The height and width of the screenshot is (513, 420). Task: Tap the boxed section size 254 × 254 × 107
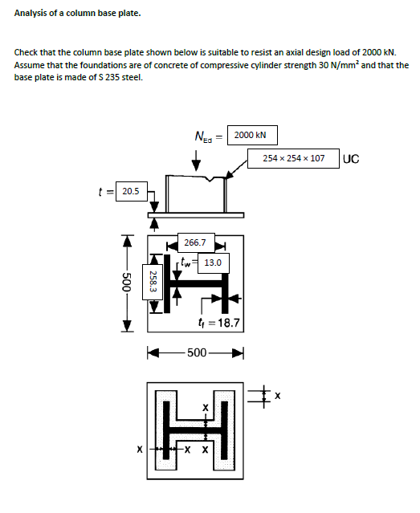coord(294,158)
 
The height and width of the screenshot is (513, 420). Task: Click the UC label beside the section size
coord(351,158)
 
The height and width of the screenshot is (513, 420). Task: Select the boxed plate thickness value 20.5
coord(129,191)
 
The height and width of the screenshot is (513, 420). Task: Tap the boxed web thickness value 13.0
coord(212,262)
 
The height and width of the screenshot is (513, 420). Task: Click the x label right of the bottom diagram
coord(278,395)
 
